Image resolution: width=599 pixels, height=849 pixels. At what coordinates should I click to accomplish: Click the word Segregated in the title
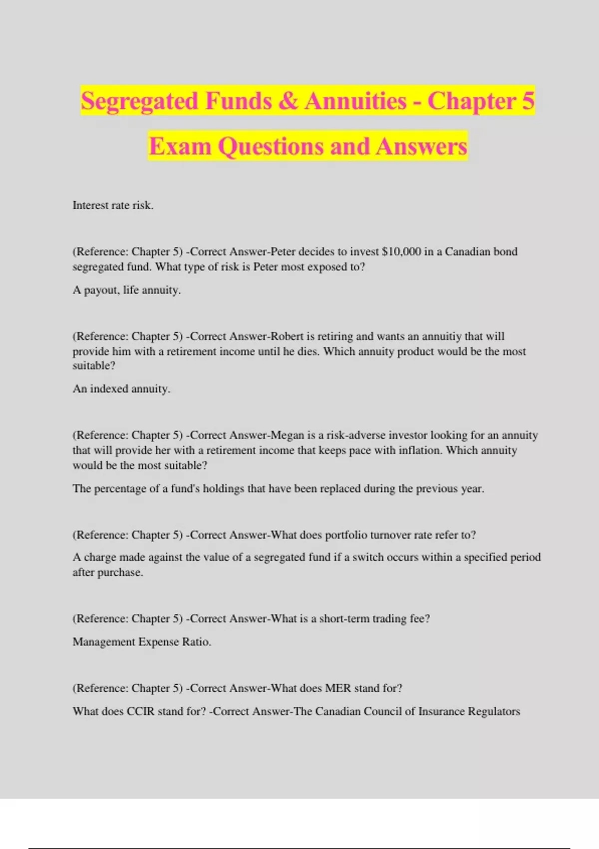pos(139,101)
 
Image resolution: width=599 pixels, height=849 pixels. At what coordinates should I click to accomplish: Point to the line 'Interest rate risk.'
pos(113,205)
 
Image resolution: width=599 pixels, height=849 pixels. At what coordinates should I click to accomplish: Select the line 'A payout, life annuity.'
pos(127,290)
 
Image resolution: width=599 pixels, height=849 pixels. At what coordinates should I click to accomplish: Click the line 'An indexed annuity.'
pos(121,389)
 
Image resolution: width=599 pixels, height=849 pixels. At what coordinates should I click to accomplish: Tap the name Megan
pos(287,435)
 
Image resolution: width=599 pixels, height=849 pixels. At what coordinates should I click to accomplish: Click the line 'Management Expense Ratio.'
pos(142,642)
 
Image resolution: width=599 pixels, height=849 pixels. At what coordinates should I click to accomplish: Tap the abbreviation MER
pos(338,688)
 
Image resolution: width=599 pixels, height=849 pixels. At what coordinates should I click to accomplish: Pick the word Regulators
pos(494,711)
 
